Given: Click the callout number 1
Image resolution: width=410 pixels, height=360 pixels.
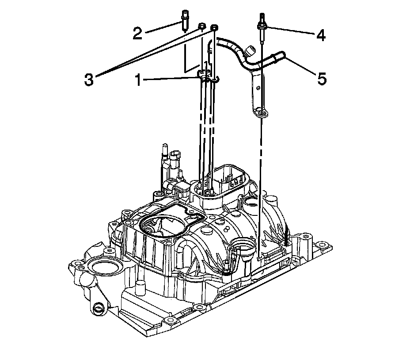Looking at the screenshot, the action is pos(138,80).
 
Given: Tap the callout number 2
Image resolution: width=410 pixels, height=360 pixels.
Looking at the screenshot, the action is pos(137,33).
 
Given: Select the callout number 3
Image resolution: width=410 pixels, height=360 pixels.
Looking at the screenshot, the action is pos(90,80).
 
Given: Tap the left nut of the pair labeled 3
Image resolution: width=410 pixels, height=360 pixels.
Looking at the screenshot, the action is pos(201,27).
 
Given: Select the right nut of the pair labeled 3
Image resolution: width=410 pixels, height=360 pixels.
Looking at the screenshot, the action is pos(214,28).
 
